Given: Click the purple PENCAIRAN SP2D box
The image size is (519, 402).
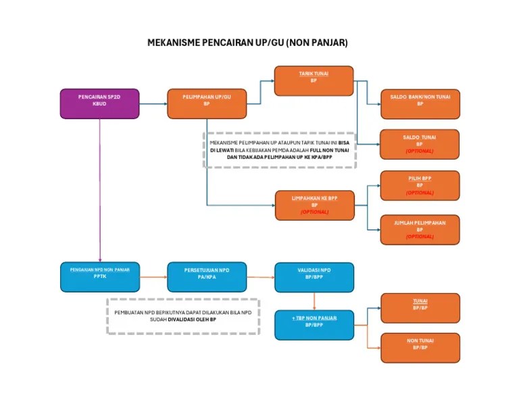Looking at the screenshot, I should pyautogui.click(x=99, y=104).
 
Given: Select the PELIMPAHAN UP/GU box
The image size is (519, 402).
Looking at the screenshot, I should pyautogui.click(x=206, y=104).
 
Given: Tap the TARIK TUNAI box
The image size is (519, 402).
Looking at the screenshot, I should pyautogui.click(x=314, y=81).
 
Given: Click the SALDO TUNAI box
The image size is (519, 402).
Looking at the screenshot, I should pyautogui.click(x=420, y=144).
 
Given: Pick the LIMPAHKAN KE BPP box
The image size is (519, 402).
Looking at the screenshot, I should pyautogui.click(x=314, y=205).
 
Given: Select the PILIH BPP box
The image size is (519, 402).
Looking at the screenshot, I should pyautogui.click(x=420, y=185).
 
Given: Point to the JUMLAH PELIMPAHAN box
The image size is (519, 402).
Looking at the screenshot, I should pyautogui.click(x=420, y=229).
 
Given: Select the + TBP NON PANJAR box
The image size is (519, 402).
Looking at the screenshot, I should pyautogui.click(x=314, y=324).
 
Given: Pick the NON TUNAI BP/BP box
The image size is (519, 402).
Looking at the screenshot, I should pyautogui.click(x=420, y=347).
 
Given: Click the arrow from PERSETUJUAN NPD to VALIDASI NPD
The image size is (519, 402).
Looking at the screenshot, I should pyautogui.click(x=260, y=277).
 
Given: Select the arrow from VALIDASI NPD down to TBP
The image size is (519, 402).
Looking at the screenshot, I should pyautogui.click(x=314, y=301).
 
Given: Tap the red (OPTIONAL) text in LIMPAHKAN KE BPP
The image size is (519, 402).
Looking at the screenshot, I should pyautogui.click(x=314, y=212).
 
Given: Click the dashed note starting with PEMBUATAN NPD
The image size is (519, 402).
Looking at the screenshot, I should pyautogui.click(x=182, y=316).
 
